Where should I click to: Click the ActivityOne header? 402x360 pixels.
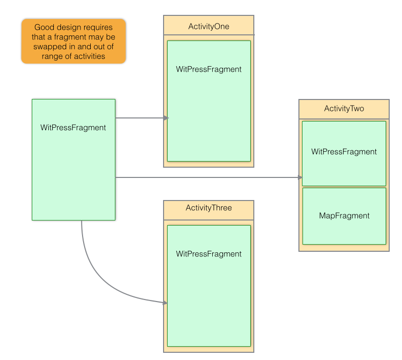pos(209,26)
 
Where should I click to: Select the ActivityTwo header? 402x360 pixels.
pos(344,109)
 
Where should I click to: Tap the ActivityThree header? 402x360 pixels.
pos(209,208)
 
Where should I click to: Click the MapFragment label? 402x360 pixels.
pos(344,216)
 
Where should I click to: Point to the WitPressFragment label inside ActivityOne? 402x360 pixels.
pos(209,69)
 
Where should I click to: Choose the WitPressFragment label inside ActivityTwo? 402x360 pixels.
pos(344,152)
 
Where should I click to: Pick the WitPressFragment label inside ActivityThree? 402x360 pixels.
pos(209,254)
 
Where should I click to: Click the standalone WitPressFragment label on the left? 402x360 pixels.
pos(73,128)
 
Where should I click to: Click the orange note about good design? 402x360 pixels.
pos(73,42)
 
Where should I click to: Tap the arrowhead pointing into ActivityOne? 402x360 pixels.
pos(166,118)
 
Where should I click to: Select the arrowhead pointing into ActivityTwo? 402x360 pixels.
pos(300,177)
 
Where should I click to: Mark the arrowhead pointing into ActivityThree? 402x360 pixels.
pos(165,303)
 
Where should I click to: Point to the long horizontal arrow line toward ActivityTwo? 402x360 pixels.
pos(205,177)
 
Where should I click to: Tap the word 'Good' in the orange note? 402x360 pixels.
pos(44,28)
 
